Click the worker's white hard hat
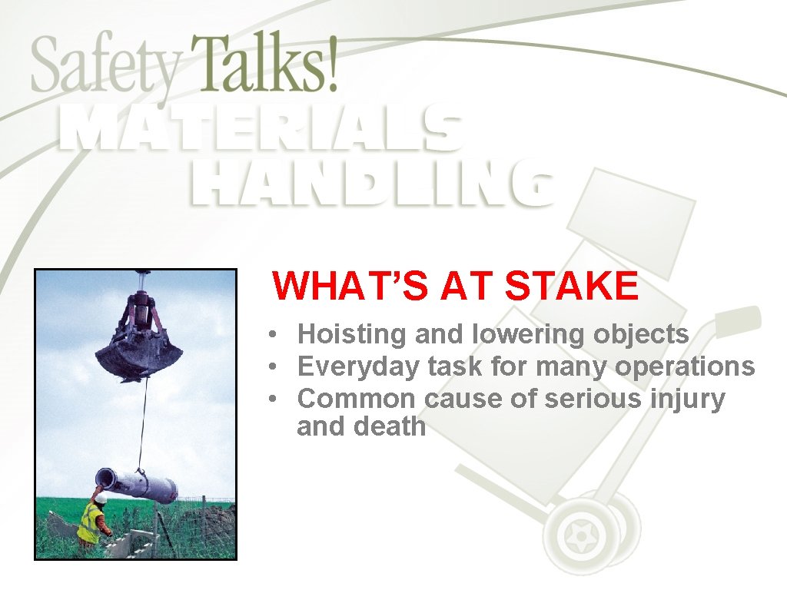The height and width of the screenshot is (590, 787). (x=101, y=498)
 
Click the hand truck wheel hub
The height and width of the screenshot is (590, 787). (x=577, y=529)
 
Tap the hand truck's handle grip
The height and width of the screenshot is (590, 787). (x=739, y=317)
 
